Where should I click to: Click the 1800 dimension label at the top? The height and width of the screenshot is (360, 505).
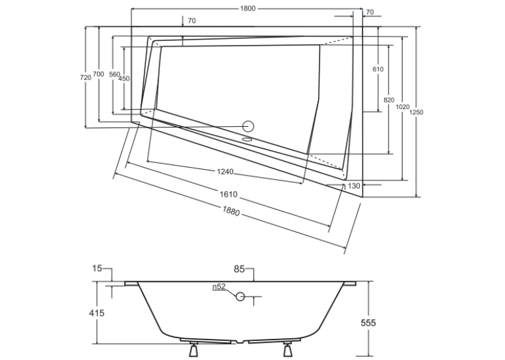(248, 9)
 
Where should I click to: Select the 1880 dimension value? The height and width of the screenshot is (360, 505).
(231, 211)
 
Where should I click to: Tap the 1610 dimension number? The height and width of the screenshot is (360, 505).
(228, 194)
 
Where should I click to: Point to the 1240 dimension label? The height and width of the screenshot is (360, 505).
(225, 172)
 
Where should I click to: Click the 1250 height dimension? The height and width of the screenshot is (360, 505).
(417, 112)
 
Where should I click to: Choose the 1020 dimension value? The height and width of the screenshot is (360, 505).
(402, 107)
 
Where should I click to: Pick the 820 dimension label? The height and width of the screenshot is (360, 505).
(389, 100)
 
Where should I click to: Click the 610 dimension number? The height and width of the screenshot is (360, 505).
(378, 69)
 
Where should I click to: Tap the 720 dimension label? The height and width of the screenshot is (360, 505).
(85, 78)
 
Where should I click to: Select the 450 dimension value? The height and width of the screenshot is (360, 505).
(124, 79)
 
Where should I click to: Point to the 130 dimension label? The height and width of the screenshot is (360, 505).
(354, 186)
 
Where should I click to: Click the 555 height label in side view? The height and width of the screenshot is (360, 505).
(368, 322)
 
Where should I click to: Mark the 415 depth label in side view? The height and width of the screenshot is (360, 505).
(96, 313)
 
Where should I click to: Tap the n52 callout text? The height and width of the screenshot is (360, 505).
(219, 287)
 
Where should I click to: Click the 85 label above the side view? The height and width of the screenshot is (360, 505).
(239, 269)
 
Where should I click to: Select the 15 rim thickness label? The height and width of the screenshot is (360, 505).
(97, 268)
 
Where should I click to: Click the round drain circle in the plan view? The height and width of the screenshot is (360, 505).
(248, 126)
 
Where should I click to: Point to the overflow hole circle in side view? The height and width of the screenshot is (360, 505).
(240, 296)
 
